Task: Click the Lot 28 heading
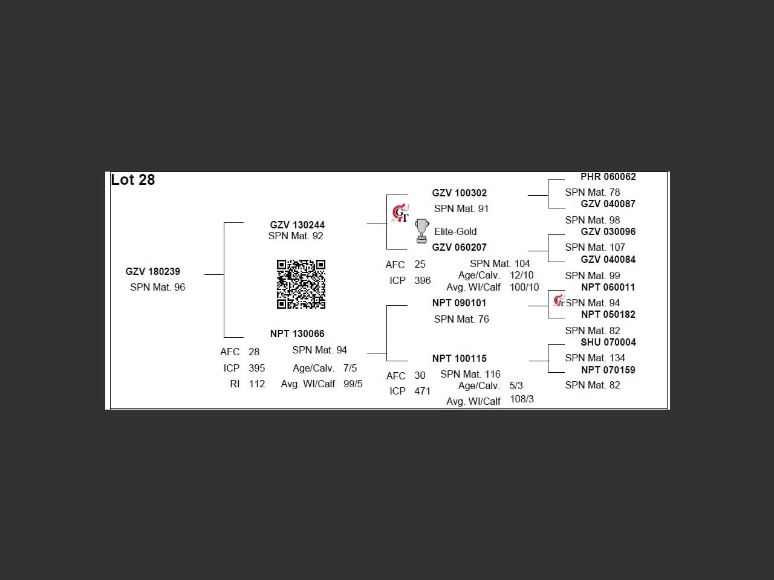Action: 133,180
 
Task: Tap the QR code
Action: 301,284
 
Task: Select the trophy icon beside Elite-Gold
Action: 422,231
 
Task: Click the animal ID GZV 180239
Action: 153,272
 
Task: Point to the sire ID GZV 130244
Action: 298,225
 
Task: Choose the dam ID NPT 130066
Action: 298,333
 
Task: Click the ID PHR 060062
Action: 608,177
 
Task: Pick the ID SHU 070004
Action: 608,342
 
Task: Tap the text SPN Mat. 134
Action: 595,358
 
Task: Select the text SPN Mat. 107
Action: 595,247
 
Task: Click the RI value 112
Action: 257,384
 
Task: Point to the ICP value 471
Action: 423,391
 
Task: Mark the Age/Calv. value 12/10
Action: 522,275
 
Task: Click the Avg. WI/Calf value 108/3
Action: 522,399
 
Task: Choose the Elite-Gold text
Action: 455,231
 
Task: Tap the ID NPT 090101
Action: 460,303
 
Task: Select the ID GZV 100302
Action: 460,193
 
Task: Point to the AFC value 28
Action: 254,352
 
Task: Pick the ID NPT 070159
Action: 608,370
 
